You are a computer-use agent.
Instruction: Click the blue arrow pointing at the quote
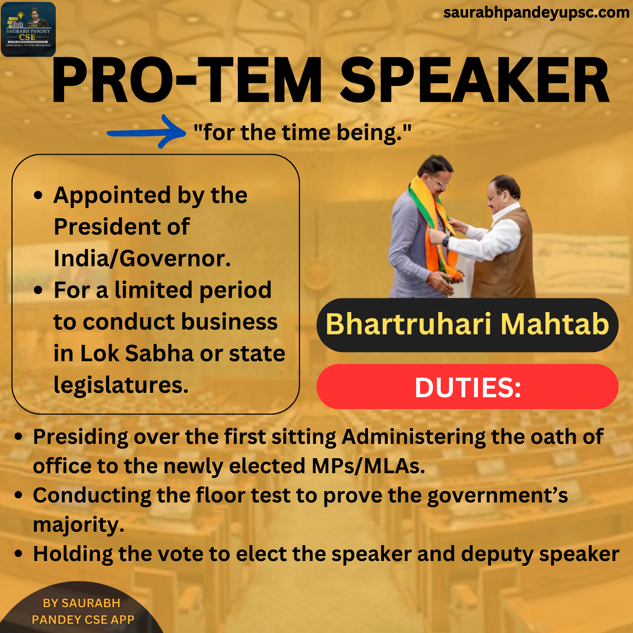click(x=146, y=133)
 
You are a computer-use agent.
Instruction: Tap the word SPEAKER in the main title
click(x=475, y=80)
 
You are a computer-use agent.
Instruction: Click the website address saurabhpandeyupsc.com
click(x=536, y=13)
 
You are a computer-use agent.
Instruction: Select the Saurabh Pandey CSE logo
click(x=28, y=29)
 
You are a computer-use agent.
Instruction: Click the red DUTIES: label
click(x=467, y=387)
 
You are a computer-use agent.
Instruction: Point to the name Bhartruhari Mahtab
click(x=467, y=324)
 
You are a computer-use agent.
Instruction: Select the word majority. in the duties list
click(x=79, y=525)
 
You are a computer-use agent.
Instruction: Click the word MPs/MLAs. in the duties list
click(x=368, y=466)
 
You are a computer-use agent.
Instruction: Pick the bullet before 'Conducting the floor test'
click(x=18, y=495)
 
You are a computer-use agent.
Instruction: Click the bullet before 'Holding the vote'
click(x=18, y=553)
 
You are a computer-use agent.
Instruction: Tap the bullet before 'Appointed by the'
click(x=38, y=195)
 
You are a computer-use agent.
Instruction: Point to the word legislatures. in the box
click(x=121, y=385)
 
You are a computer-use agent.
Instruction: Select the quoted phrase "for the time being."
click(x=303, y=133)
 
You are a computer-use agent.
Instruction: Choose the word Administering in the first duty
click(x=413, y=437)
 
